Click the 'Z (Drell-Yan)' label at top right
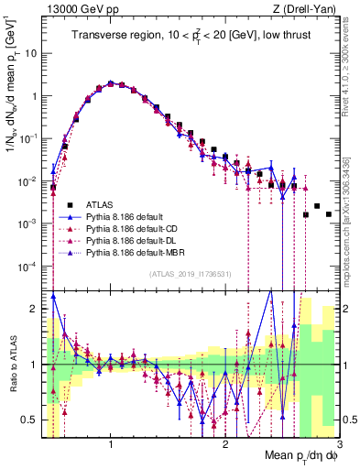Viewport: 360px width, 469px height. pos(306,8)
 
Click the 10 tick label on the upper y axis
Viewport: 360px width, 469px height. pos(30,53)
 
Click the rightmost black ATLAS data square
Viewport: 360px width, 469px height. pos(328,214)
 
